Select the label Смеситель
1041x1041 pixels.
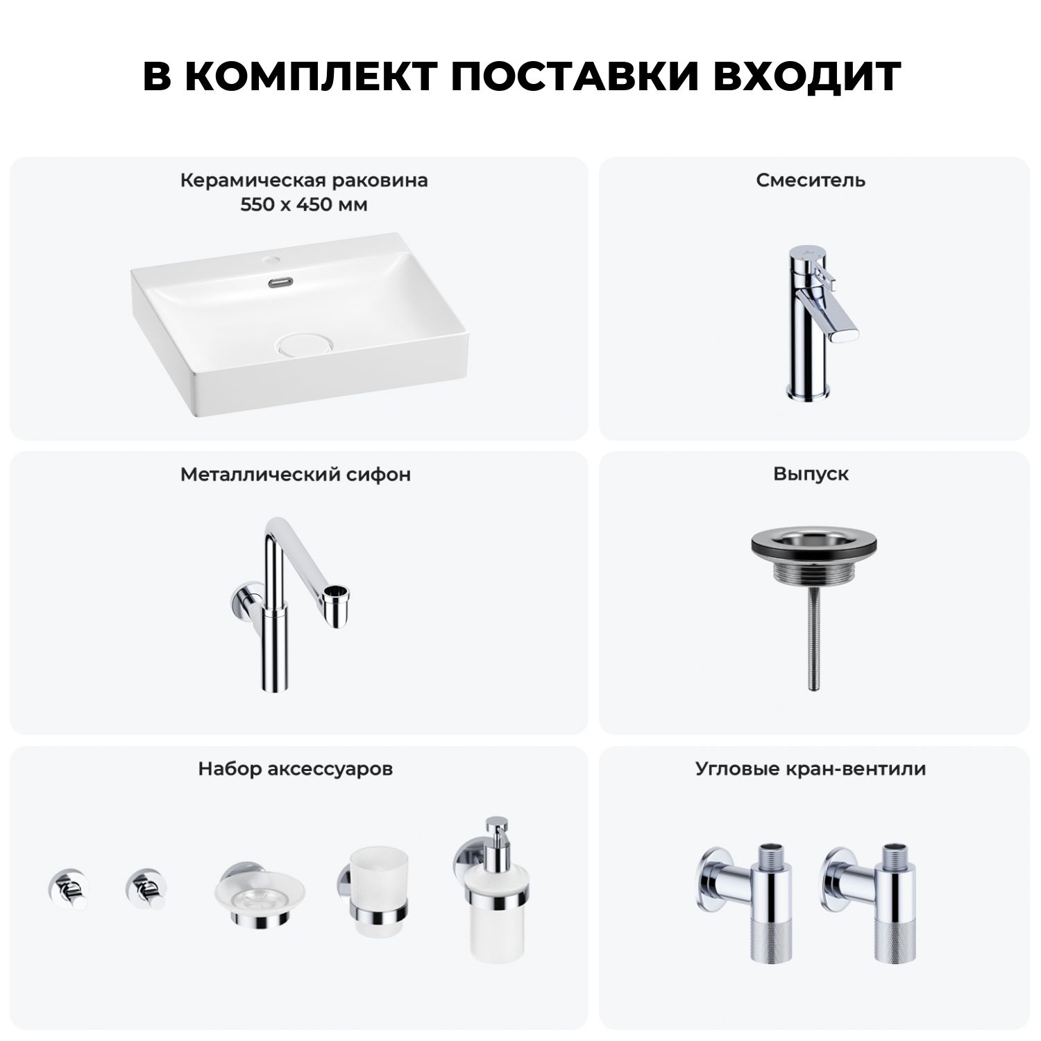click(x=811, y=180)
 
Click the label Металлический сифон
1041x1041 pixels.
click(x=296, y=475)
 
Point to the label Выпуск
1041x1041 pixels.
click(x=811, y=475)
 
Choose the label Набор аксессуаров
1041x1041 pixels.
click(x=296, y=769)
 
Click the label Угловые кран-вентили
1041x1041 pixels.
click(x=811, y=769)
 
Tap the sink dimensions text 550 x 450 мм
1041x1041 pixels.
click(x=304, y=205)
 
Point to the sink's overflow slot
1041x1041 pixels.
click(x=280, y=282)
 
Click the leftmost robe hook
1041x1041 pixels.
click(x=68, y=888)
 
